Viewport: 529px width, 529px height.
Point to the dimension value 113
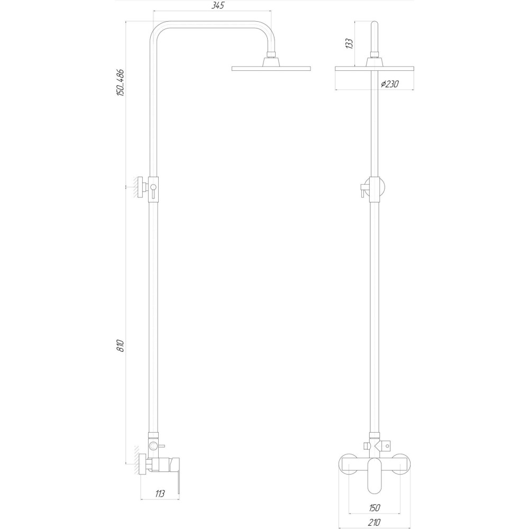tap(160, 494)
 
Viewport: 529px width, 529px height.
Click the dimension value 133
tap(349, 43)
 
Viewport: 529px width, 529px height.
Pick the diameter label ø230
tap(390, 84)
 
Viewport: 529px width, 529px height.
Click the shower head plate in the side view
tap(271, 68)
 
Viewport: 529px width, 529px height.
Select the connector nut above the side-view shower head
tap(271, 54)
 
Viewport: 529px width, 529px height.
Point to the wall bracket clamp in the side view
tap(152, 187)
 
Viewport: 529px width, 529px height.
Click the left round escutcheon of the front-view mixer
tap(350, 464)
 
